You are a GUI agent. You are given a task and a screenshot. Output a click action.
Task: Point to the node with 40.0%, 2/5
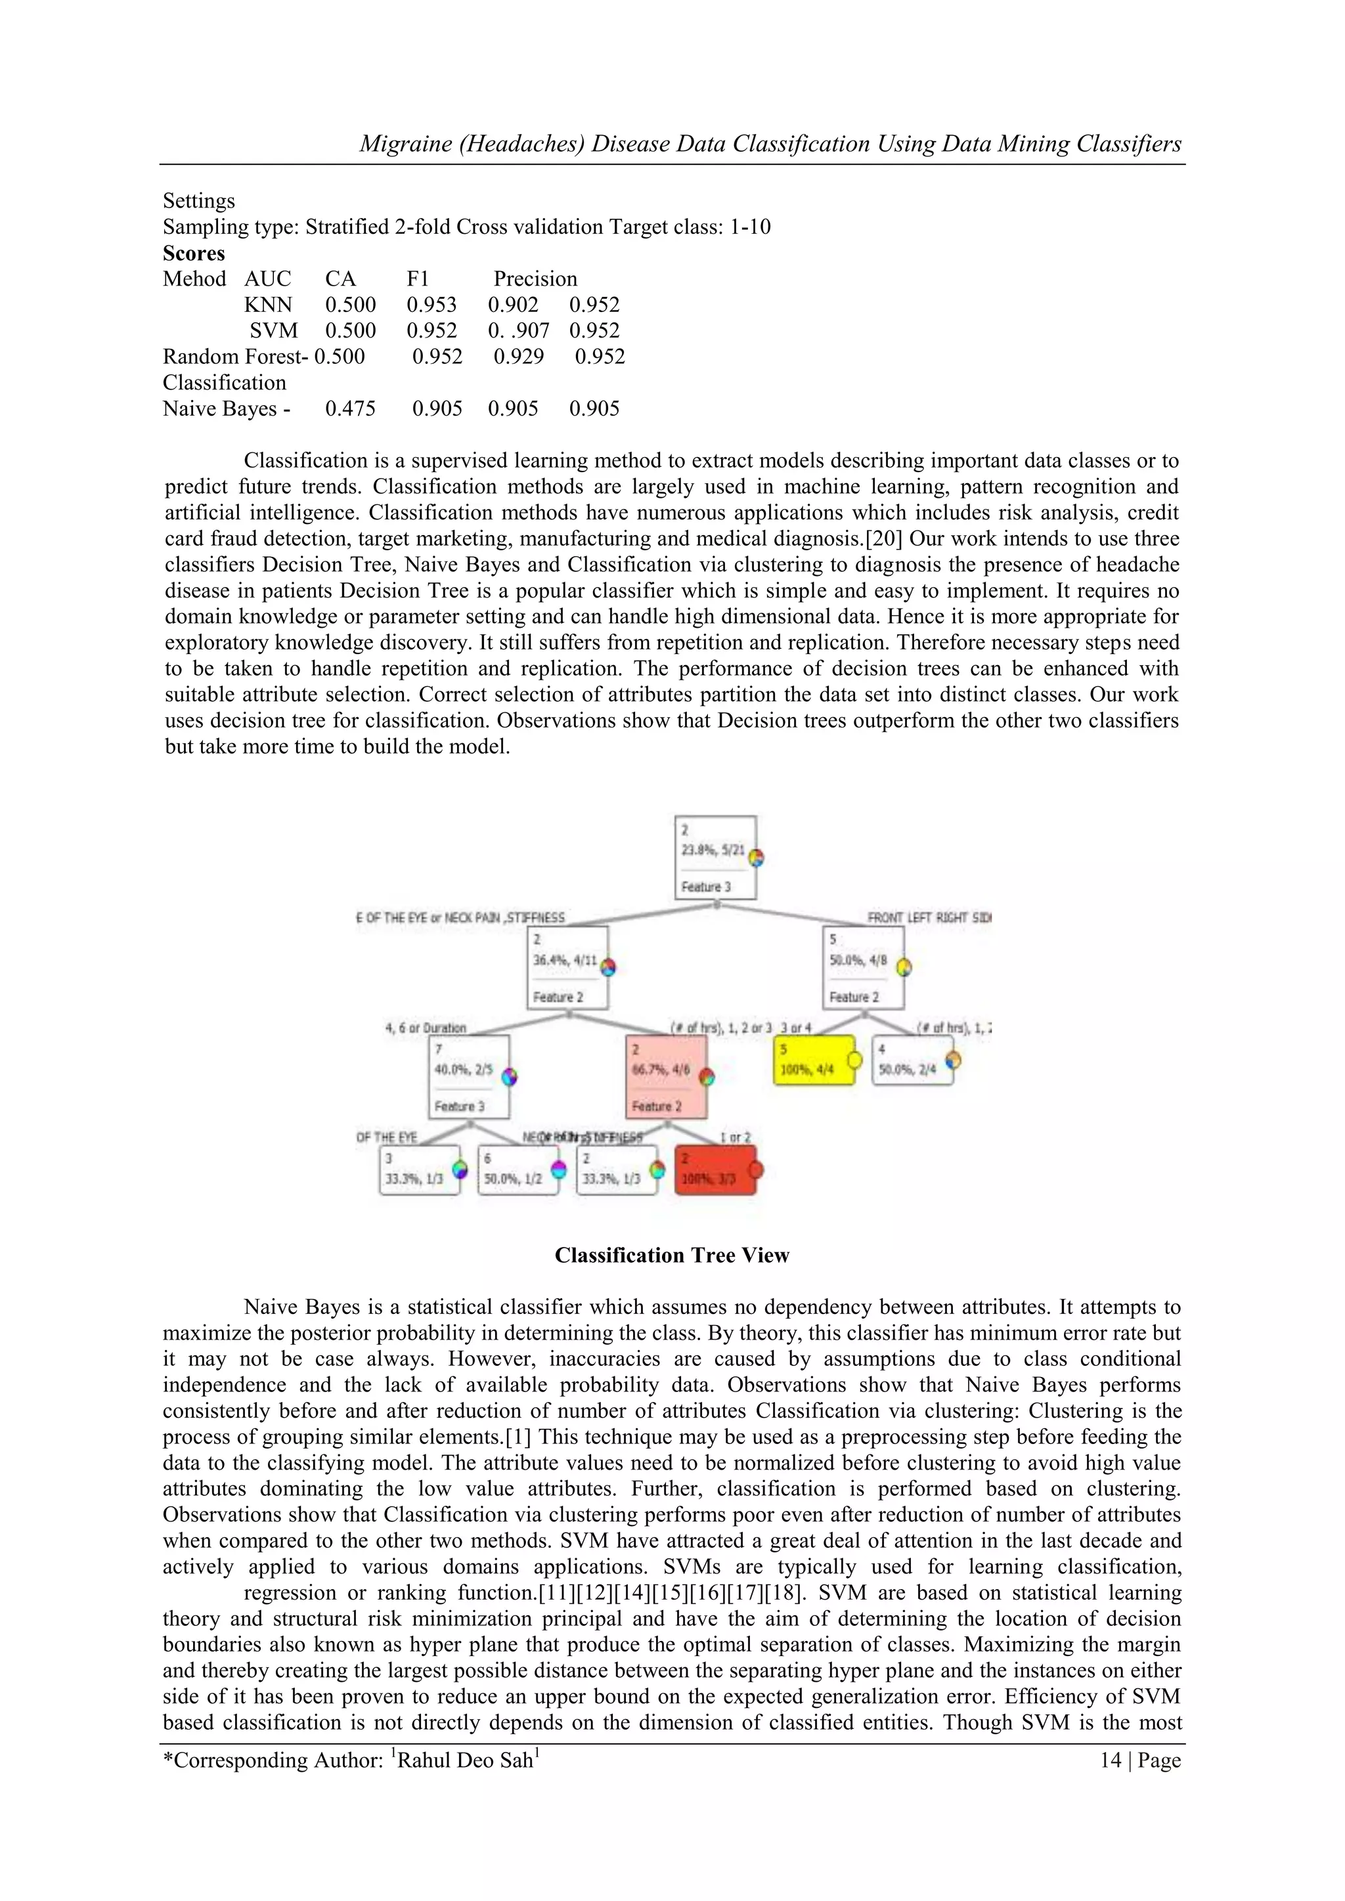point(469,1076)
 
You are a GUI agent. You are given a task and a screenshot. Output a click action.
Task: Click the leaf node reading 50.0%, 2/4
point(912,1060)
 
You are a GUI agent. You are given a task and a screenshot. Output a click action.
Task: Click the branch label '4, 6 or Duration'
point(426,1028)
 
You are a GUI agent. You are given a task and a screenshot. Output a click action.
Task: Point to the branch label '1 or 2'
point(736,1137)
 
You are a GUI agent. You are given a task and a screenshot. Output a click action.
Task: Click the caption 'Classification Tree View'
point(672,1256)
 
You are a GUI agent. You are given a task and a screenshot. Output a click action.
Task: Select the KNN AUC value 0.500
point(350,305)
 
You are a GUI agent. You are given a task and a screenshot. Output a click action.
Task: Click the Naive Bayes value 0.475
point(350,408)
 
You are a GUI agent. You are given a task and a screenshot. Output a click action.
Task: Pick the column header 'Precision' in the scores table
point(535,279)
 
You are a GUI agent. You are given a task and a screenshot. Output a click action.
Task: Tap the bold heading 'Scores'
point(194,253)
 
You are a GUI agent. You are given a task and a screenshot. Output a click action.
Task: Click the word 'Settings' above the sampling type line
point(199,201)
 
